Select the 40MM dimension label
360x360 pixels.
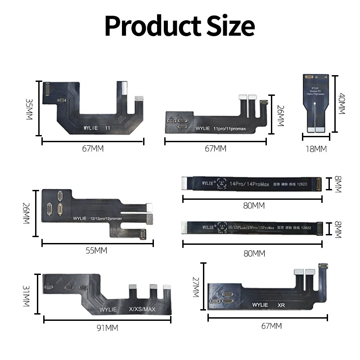pyautogui.click(x=342, y=103)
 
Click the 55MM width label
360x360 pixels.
pyautogui.click(x=96, y=251)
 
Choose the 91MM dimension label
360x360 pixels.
pyautogui.click(x=107, y=328)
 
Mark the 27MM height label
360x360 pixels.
pyautogui.click(x=196, y=288)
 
